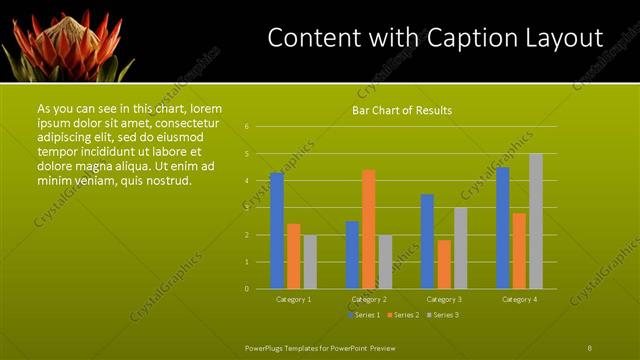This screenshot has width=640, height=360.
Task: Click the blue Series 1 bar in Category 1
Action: [x=277, y=231]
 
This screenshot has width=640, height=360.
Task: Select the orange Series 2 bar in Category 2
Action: [x=369, y=229]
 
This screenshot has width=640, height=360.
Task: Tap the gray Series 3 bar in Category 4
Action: [x=536, y=221]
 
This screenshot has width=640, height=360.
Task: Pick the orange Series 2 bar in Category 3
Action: [x=444, y=264]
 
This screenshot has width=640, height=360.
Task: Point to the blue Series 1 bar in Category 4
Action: [x=503, y=228]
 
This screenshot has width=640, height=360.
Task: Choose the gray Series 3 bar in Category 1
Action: [x=310, y=262]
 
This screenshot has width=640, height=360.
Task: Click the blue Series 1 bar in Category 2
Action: [x=352, y=255]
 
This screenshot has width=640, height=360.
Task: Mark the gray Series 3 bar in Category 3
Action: [x=460, y=248]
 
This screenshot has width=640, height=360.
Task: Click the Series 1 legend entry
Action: [x=365, y=315]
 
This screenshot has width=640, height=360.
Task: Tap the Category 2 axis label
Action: [x=369, y=299]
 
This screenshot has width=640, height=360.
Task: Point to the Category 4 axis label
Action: [x=519, y=299]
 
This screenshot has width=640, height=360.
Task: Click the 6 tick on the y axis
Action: [x=246, y=127]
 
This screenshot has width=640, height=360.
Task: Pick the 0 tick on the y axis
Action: [x=246, y=289]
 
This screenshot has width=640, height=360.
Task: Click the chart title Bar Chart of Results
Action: [x=402, y=110]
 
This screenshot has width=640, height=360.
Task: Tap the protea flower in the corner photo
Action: [x=65, y=45]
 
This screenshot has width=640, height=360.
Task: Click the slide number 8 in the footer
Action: [x=590, y=347]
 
